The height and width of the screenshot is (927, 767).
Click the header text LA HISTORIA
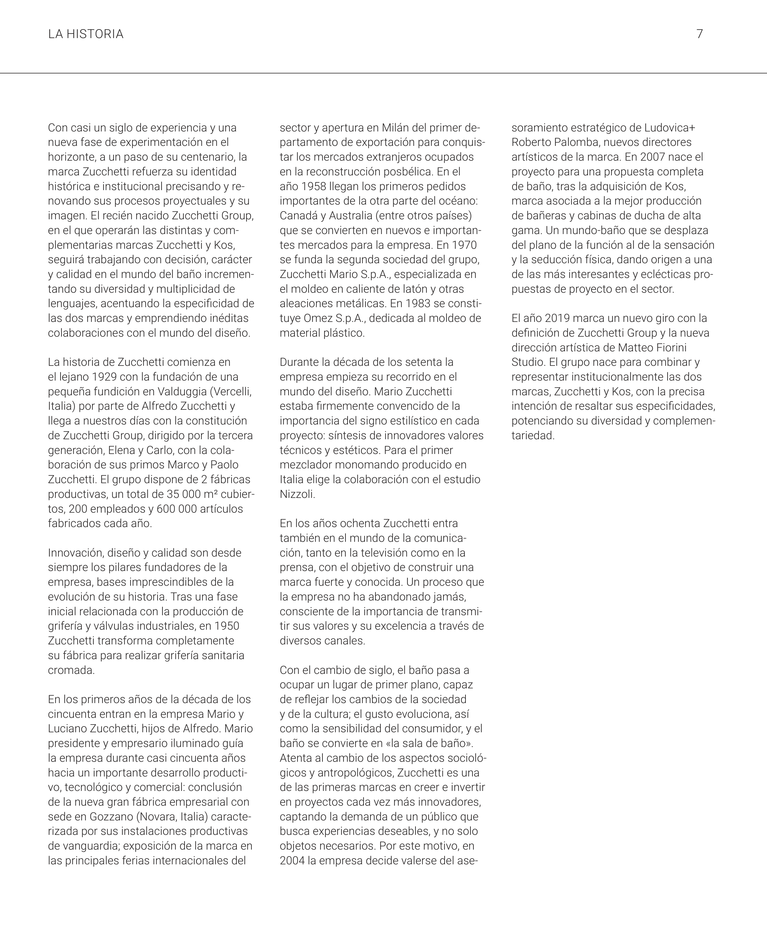pyautogui.click(x=86, y=34)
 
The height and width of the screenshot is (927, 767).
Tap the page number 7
pyautogui.click(x=699, y=34)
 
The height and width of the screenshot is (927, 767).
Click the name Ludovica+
pyautogui.click(x=669, y=127)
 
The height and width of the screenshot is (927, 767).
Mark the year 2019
pyautogui.click(x=557, y=318)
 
